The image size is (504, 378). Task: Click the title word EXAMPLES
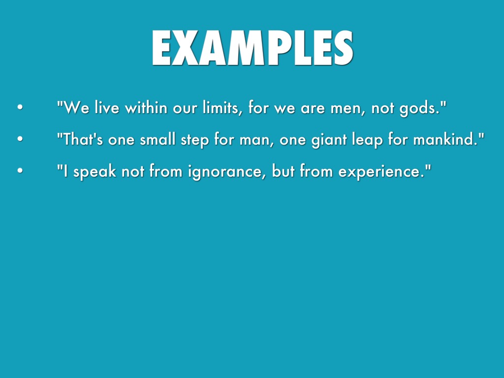[x=252, y=48]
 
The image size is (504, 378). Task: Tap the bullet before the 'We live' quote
[x=20, y=107]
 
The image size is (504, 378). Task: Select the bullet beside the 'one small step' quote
[x=20, y=139]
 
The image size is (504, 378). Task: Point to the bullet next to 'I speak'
[x=20, y=170]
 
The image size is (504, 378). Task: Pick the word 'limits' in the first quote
[x=221, y=108]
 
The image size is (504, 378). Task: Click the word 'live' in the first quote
[x=107, y=108]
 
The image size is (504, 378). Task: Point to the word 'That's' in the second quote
[x=83, y=139]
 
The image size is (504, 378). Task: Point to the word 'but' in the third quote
[x=283, y=171]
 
